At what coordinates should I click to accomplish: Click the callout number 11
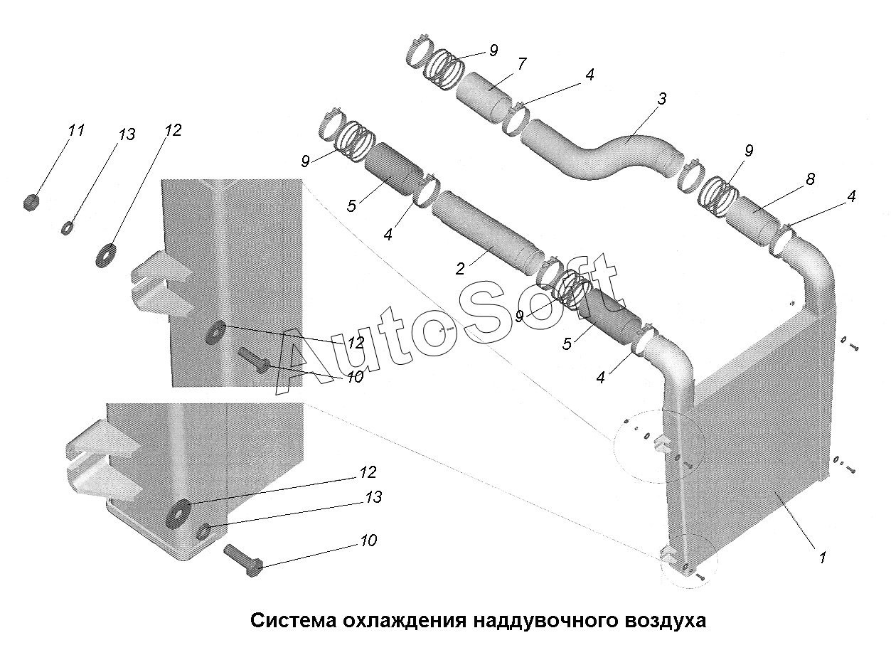76,130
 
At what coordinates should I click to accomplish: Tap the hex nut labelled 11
31,203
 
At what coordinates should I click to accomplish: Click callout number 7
522,64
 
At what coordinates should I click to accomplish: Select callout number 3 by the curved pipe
661,99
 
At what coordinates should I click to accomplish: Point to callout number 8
811,179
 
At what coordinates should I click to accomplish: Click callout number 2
460,269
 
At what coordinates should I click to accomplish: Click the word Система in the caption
292,622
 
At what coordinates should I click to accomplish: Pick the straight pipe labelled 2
487,233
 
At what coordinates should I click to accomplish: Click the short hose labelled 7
484,98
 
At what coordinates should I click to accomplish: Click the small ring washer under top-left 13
67,228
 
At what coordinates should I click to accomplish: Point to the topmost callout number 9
493,50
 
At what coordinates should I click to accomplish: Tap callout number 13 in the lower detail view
373,497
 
